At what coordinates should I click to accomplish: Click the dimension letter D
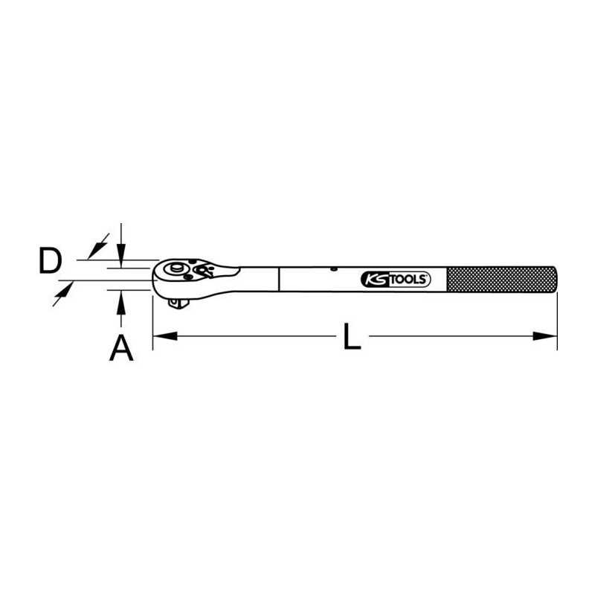tap(50, 260)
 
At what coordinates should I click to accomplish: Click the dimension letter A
tap(121, 347)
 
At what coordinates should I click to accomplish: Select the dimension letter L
tap(352, 336)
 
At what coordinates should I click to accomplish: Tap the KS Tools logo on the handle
tap(396, 280)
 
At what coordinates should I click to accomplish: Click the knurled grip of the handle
tap(501, 280)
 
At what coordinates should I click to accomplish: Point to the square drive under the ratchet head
tap(178, 303)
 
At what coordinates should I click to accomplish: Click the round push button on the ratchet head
tap(176, 268)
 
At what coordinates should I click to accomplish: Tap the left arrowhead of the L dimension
tap(164, 336)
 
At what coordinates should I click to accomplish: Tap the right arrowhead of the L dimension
tap(545, 336)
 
